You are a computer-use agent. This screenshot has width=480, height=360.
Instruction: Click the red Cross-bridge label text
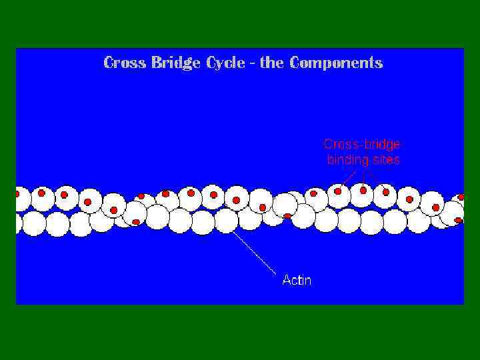click(x=362, y=143)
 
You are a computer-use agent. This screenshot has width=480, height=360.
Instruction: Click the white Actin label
click(x=297, y=280)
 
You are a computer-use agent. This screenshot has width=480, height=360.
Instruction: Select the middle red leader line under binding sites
click(x=363, y=177)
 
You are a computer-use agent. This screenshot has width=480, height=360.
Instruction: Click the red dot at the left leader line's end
click(x=338, y=191)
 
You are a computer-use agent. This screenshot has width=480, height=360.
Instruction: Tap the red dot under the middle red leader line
click(x=363, y=190)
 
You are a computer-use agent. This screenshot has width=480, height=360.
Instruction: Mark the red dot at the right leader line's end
click(x=386, y=192)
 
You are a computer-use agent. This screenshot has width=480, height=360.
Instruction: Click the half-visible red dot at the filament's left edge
click(x=17, y=194)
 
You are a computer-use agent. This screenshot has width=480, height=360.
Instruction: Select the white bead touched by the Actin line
click(x=226, y=221)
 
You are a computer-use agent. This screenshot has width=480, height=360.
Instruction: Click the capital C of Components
click(x=297, y=63)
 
